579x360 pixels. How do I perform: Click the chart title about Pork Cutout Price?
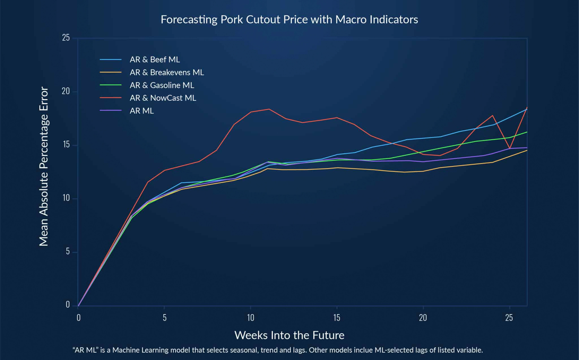click(x=289, y=20)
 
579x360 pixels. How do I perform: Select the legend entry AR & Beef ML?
click(x=155, y=60)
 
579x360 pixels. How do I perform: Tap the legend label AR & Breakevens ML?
click(x=167, y=72)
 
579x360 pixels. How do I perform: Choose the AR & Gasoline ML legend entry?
click(x=162, y=85)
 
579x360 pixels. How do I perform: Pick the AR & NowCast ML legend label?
click(x=163, y=98)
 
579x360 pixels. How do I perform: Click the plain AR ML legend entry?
click(x=142, y=111)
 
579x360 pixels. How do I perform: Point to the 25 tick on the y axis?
click(x=66, y=38)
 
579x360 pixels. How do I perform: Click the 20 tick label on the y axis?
click(x=66, y=91)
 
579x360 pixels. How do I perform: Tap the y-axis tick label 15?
click(x=66, y=145)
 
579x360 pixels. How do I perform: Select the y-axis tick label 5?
click(x=68, y=251)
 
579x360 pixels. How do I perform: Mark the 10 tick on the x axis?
click(x=250, y=318)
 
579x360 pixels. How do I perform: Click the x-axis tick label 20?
click(x=423, y=318)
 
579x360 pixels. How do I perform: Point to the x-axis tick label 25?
click(x=509, y=318)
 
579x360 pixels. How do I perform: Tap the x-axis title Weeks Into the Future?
click(x=289, y=335)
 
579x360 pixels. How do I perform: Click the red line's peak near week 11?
click(x=269, y=109)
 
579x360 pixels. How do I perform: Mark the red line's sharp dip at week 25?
click(x=509, y=148)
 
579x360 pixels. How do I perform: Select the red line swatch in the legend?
click(x=111, y=98)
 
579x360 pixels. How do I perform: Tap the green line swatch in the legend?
click(x=111, y=85)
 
